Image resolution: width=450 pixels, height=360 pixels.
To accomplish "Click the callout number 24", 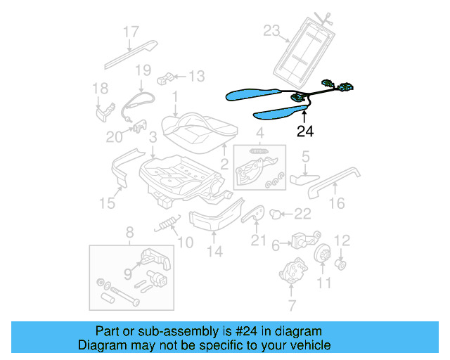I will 305,130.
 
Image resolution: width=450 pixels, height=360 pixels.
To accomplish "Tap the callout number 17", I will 131,32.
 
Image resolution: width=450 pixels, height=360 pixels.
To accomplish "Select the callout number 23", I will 271,30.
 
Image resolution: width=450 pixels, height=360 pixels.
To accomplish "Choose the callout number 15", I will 106,203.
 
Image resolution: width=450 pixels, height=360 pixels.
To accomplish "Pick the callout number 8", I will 129,233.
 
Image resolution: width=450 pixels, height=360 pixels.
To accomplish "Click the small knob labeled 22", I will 276,212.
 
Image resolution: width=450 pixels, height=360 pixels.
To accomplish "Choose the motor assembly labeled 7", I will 294,273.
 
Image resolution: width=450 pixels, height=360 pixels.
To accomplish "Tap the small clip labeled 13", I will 167,77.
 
